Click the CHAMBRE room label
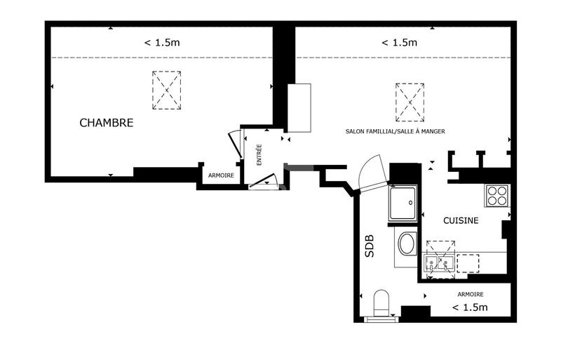pos(106,123)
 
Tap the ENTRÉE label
pos(259,154)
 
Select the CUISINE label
pos(461,220)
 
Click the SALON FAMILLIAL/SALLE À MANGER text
pos(396,131)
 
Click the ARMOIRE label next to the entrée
pos(221,175)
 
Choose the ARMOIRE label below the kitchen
pos(470,294)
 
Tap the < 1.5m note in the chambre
pos(162,43)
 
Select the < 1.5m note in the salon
pos(399,43)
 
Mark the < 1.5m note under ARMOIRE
pos(470,307)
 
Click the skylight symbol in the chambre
pos(167,90)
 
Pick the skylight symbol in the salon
pos(410,100)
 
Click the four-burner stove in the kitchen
pos(497,194)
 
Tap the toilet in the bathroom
pos(381,304)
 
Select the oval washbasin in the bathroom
pos(406,245)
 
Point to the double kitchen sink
pos(440,263)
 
